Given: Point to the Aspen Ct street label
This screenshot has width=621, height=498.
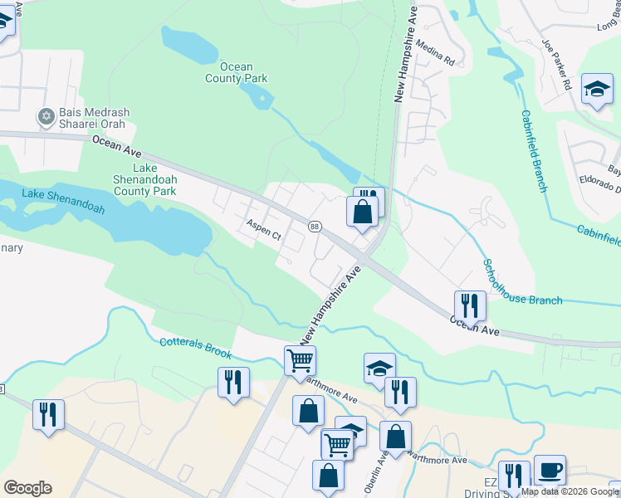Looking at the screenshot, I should click(265, 230).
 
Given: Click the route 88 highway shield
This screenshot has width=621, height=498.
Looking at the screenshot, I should click(315, 227).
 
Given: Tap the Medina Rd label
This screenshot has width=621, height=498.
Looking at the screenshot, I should click(436, 53).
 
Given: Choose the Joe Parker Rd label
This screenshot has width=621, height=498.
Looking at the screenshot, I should click(556, 64).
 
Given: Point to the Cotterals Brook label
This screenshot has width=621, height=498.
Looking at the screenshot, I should click(195, 348).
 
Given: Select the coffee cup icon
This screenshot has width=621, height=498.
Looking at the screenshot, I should click(550, 470).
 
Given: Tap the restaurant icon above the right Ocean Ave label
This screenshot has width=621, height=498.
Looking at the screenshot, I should click(469, 305).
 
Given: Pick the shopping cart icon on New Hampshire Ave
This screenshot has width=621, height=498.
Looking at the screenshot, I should click(300, 360).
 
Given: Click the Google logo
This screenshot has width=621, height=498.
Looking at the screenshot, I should click(27, 487).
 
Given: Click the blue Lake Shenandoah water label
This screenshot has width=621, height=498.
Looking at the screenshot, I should click(63, 201).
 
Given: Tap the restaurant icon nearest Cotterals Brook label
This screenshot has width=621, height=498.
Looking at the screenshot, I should click(232, 382).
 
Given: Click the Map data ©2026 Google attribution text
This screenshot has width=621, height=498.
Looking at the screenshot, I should click(570, 491).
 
